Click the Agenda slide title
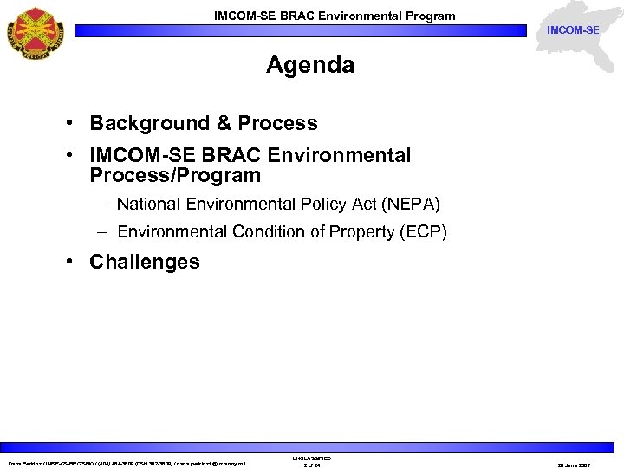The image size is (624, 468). pos(310,65)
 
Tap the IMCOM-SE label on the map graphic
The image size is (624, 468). pos(572,31)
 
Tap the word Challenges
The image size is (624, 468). pos(144,262)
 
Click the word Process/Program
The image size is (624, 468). pos(175,176)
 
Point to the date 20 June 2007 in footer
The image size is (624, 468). pos(592,465)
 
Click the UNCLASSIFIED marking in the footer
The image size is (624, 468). pos(311,458)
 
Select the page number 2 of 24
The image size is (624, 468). pos(311,465)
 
